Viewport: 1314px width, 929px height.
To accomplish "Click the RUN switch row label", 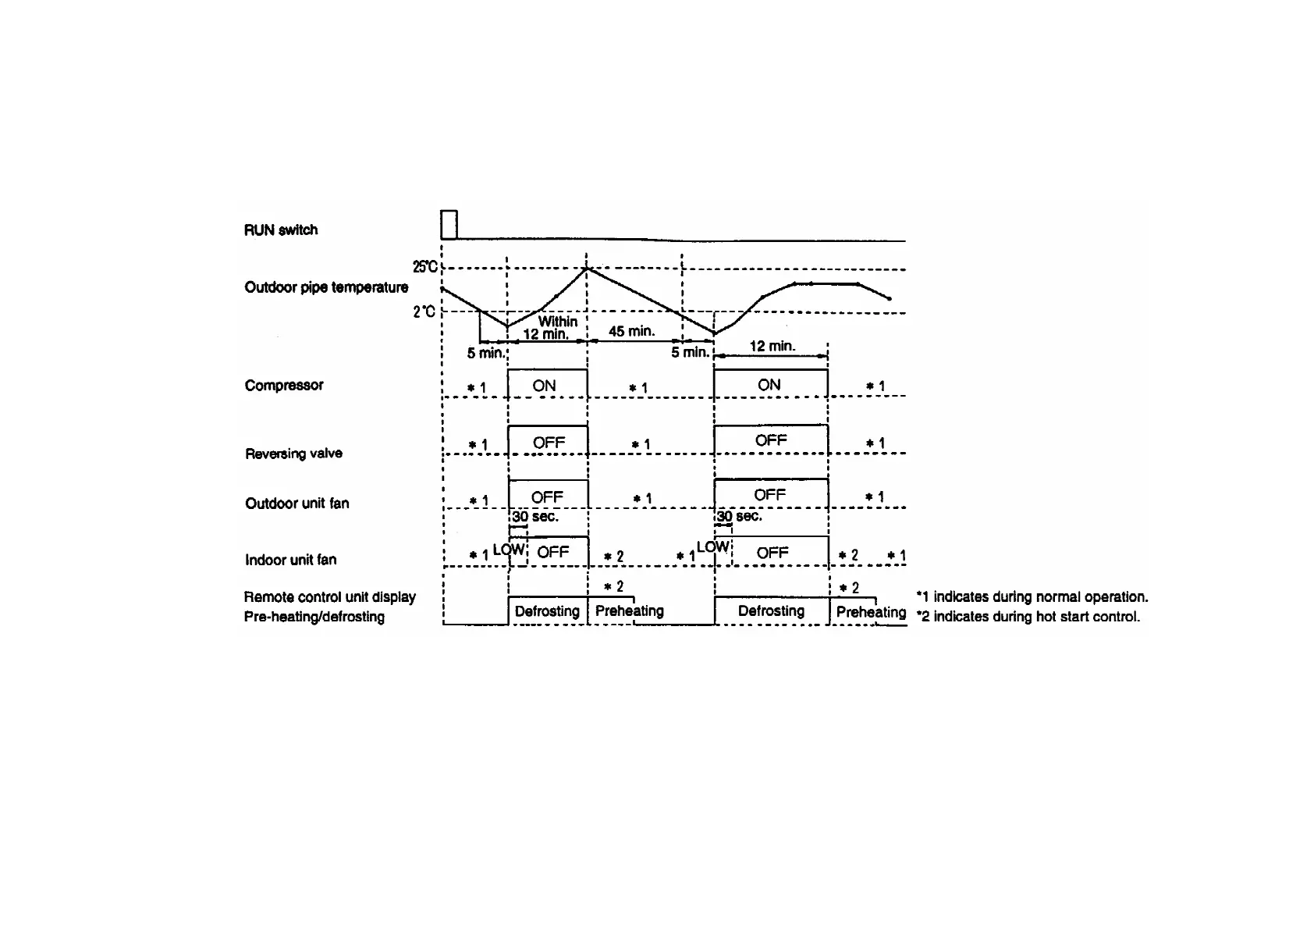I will [281, 230].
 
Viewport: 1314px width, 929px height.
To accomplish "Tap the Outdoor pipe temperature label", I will [326, 287].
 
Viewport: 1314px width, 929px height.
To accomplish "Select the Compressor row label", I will [284, 385].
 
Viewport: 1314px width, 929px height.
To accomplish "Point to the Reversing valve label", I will [293, 454].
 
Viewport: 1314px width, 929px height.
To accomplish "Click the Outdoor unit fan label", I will [297, 504].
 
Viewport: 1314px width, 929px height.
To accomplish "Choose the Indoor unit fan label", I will [290, 560].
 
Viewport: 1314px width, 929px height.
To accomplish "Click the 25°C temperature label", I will [425, 267].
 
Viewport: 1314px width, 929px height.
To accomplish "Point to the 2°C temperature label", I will [424, 312].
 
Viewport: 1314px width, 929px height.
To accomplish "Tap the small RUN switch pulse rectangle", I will [449, 224].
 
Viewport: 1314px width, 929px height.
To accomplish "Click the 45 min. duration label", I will [631, 331].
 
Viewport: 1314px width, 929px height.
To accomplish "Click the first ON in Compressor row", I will [544, 386].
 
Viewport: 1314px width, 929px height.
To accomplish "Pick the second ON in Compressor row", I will [769, 385].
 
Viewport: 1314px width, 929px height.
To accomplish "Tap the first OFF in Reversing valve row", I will [549, 443].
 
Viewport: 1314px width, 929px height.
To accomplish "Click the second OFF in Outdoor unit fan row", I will [769, 495].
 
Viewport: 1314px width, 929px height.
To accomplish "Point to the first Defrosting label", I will [547, 611].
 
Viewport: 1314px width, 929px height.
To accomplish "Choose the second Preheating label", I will [871, 612].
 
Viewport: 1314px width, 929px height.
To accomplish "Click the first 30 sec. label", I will [535, 517].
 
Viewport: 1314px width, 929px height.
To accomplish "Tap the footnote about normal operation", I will [1032, 597].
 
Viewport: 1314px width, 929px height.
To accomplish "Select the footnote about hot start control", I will [1028, 617].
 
